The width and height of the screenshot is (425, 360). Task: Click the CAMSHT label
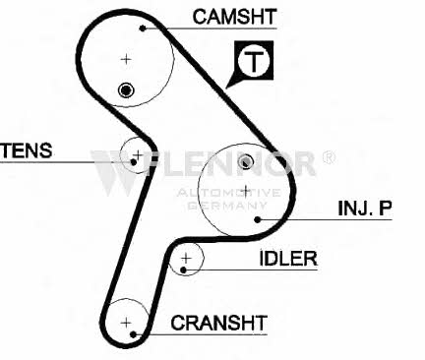point(235,17)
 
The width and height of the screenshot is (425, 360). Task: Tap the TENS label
point(27,150)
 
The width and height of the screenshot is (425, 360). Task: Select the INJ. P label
point(365,208)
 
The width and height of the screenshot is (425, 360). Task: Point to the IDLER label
point(288,259)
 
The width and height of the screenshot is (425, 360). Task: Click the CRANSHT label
point(218,323)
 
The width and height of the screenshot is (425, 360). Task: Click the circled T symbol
point(254,61)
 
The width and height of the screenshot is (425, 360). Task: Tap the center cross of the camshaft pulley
point(126,59)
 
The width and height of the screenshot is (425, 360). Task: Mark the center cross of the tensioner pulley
point(138,154)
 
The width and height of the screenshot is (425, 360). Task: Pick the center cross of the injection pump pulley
point(245,191)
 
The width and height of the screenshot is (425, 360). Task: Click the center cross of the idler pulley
point(186,259)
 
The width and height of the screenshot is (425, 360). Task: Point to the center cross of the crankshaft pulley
point(126,323)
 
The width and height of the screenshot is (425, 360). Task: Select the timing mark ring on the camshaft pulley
point(126,90)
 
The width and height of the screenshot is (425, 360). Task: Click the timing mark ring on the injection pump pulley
point(245,161)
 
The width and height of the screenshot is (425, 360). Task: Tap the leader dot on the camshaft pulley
point(143,29)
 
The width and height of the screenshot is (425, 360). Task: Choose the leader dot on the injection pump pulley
point(258,219)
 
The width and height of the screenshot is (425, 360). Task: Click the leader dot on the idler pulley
point(184,270)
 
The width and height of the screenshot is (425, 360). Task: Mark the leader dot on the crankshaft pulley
point(133,334)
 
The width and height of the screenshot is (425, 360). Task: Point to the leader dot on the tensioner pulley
point(134,162)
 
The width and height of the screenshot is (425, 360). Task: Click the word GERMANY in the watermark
point(228,206)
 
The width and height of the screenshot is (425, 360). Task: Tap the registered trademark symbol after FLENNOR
point(329,157)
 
